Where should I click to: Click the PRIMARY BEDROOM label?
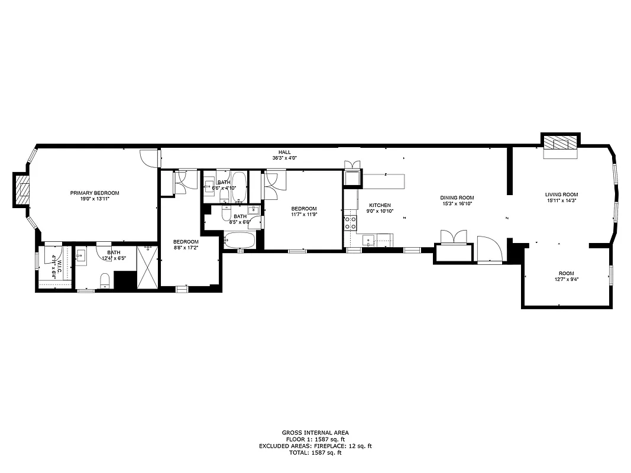(x=95, y=193)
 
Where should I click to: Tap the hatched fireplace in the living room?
(x=560, y=143)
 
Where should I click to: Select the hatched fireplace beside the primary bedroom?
(x=24, y=190)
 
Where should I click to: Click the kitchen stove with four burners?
(x=350, y=223)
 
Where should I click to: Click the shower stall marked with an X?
(x=147, y=267)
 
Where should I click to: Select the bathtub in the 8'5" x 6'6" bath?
(x=240, y=241)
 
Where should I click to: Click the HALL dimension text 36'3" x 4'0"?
(x=284, y=158)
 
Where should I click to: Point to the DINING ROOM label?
(x=457, y=197)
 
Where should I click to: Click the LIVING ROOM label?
(x=561, y=195)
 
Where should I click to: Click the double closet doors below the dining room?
(x=454, y=237)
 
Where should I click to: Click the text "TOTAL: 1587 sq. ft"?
(x=315, y=453)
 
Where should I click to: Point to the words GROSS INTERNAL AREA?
(x=315, y=433)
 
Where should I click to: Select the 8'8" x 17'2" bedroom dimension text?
(x=186, y=248)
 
